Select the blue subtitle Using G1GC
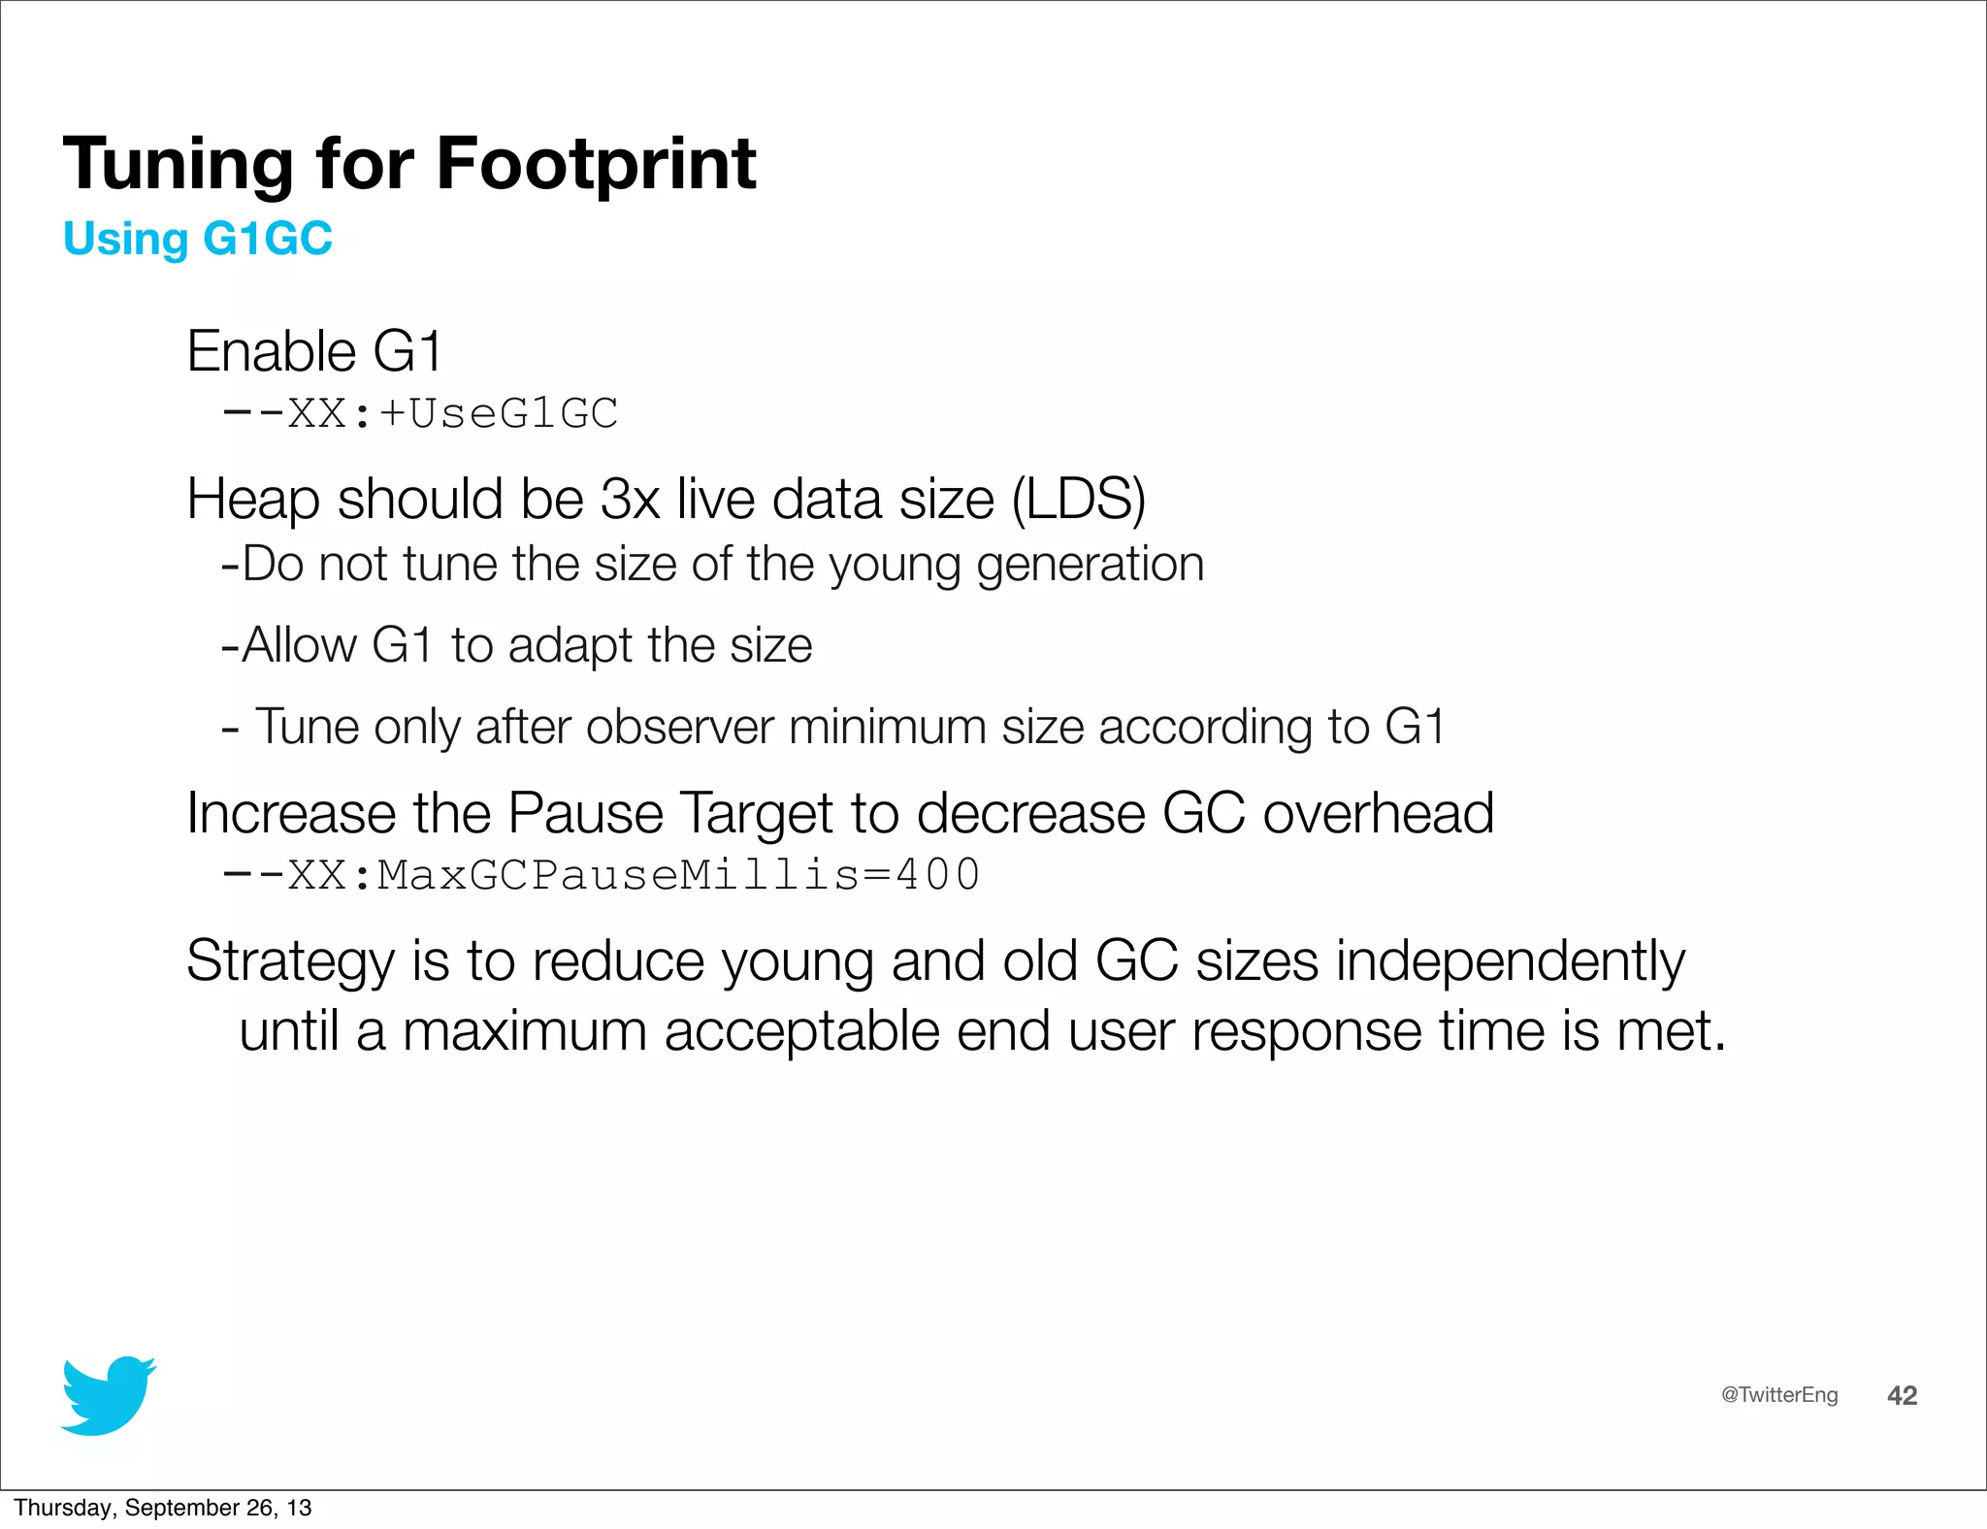coord(198,239)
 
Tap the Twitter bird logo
coord(108,1395)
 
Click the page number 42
coord(1902,1395)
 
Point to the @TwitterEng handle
coord(1779,1395)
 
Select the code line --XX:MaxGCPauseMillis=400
coord(602,875)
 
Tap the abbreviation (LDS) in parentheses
coord(1078,500)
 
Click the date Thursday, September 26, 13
coord(163,1508)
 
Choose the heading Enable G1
coord(314,351)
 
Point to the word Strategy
coord(290,962)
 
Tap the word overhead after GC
coord(1378,813)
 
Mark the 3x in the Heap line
coord(630,500)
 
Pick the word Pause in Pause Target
coord(585,813)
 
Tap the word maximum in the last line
coord(525,1030)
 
